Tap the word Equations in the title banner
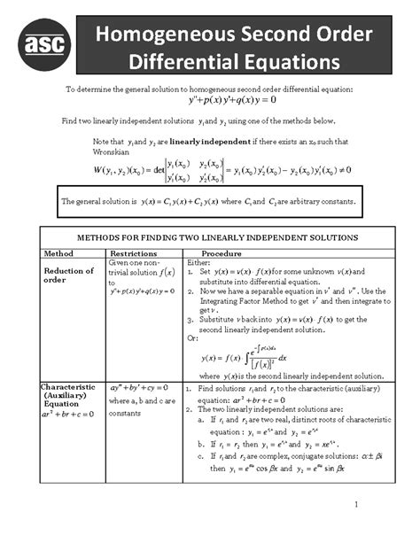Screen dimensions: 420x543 pyautogui.click(x=287, y=61)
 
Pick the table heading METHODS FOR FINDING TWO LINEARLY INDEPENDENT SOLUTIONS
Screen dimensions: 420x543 pyautogui.click(x=219, y=237)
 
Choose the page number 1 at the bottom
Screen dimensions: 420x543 pyautogui.click(x=354, y=505)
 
